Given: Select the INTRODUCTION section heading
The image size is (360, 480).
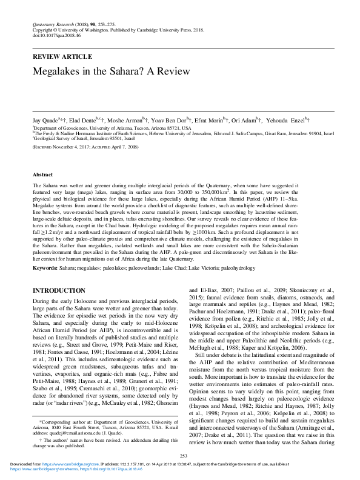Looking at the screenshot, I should click(58, 291).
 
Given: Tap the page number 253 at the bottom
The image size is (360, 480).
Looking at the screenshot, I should click(180, 455).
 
